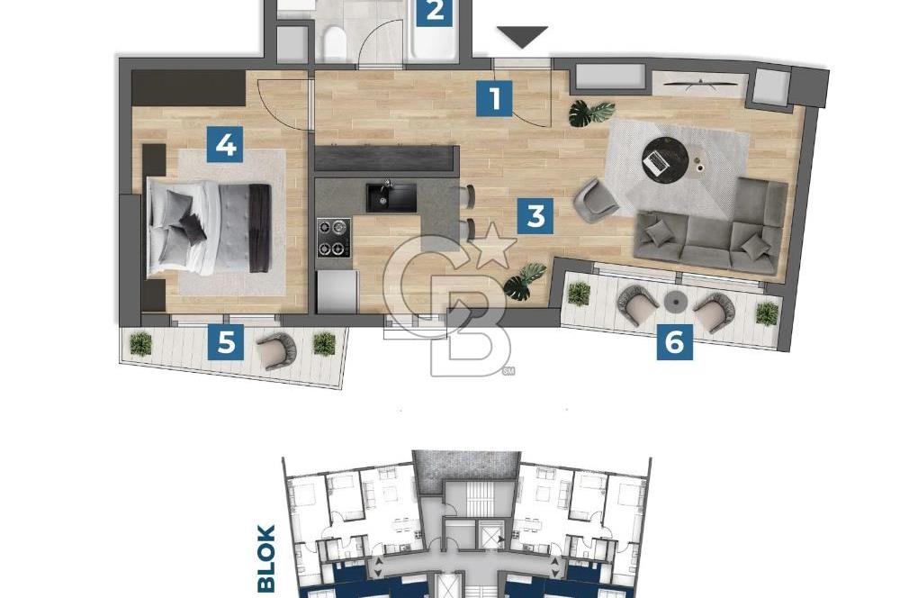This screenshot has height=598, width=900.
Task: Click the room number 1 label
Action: point(494,98)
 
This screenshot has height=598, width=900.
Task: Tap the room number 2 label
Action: point(434,12)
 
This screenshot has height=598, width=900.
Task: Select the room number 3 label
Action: point(535,216)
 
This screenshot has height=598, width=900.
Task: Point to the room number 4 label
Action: point(225,144)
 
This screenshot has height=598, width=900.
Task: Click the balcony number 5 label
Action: point(226,342)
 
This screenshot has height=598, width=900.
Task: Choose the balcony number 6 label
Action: point(675,341)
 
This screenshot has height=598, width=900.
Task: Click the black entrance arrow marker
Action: point(522,38)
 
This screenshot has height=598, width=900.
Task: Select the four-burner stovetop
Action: point(333,238)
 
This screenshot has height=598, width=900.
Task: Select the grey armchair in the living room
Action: point(595,200)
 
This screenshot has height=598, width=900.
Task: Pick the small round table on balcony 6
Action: point(676,301)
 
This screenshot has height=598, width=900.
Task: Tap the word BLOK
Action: point(266,558)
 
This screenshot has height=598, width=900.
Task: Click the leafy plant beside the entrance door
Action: point(590,113)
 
